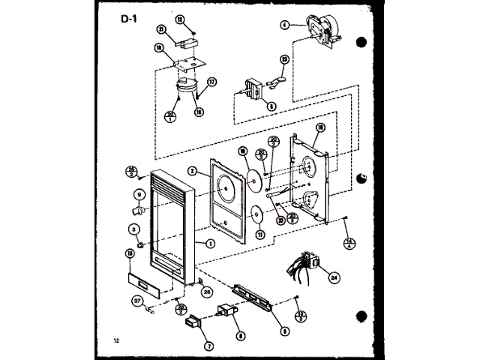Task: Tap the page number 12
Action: tap(116, 341)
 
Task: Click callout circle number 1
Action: tap(210, 242)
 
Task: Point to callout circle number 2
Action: tap(193, 171)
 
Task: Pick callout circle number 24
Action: tap(334, 275)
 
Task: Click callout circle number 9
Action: tap(139, 193)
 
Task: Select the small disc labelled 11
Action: tap(256, 215)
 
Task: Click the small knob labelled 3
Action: tap(141, 244)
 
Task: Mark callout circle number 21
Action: tap(161, 30)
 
